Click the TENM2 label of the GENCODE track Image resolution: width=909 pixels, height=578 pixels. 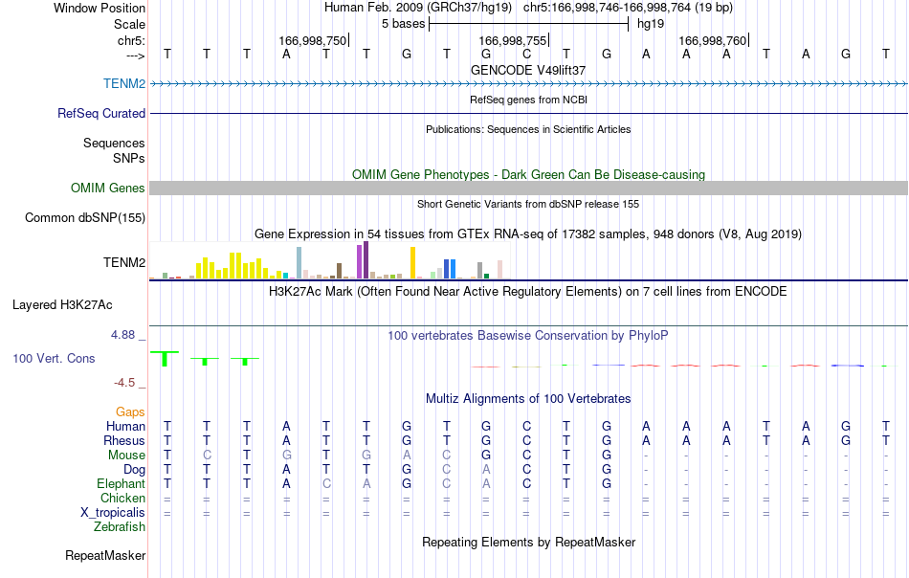tap(124, 83)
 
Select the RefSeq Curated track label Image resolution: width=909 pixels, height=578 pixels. tap(100, 113)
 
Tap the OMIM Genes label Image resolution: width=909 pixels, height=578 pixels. tap(107, 188)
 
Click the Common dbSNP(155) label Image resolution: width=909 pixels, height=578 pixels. tap(84, 217)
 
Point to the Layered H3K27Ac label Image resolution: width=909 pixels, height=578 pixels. tap(62, 305)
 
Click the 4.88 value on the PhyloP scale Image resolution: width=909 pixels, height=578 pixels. tap(122, 335)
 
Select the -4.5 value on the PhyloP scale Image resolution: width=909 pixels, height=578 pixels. tap(124, 383)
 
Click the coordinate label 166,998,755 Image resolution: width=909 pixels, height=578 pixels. tap(513, 40)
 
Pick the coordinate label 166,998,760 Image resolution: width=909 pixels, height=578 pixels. tap(713, 40)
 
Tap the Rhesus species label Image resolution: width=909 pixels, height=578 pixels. tap(124, 440)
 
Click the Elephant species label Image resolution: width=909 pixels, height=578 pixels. tap(121, 483)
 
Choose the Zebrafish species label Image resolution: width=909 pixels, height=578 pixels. tap(120, 527)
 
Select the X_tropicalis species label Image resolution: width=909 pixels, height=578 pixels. tap(113, 513)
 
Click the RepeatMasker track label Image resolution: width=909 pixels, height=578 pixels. tap(105, 555)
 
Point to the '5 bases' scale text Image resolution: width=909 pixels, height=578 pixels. tap(403, 24)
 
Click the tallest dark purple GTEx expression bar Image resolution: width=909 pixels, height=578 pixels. tap(366, 260)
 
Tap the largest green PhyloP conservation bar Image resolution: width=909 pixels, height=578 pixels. tap(165, 358)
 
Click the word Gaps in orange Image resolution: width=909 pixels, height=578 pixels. tap(130, 411)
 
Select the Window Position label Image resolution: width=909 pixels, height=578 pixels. tap(100, 8)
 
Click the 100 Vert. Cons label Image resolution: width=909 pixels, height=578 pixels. tap(54, 358)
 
